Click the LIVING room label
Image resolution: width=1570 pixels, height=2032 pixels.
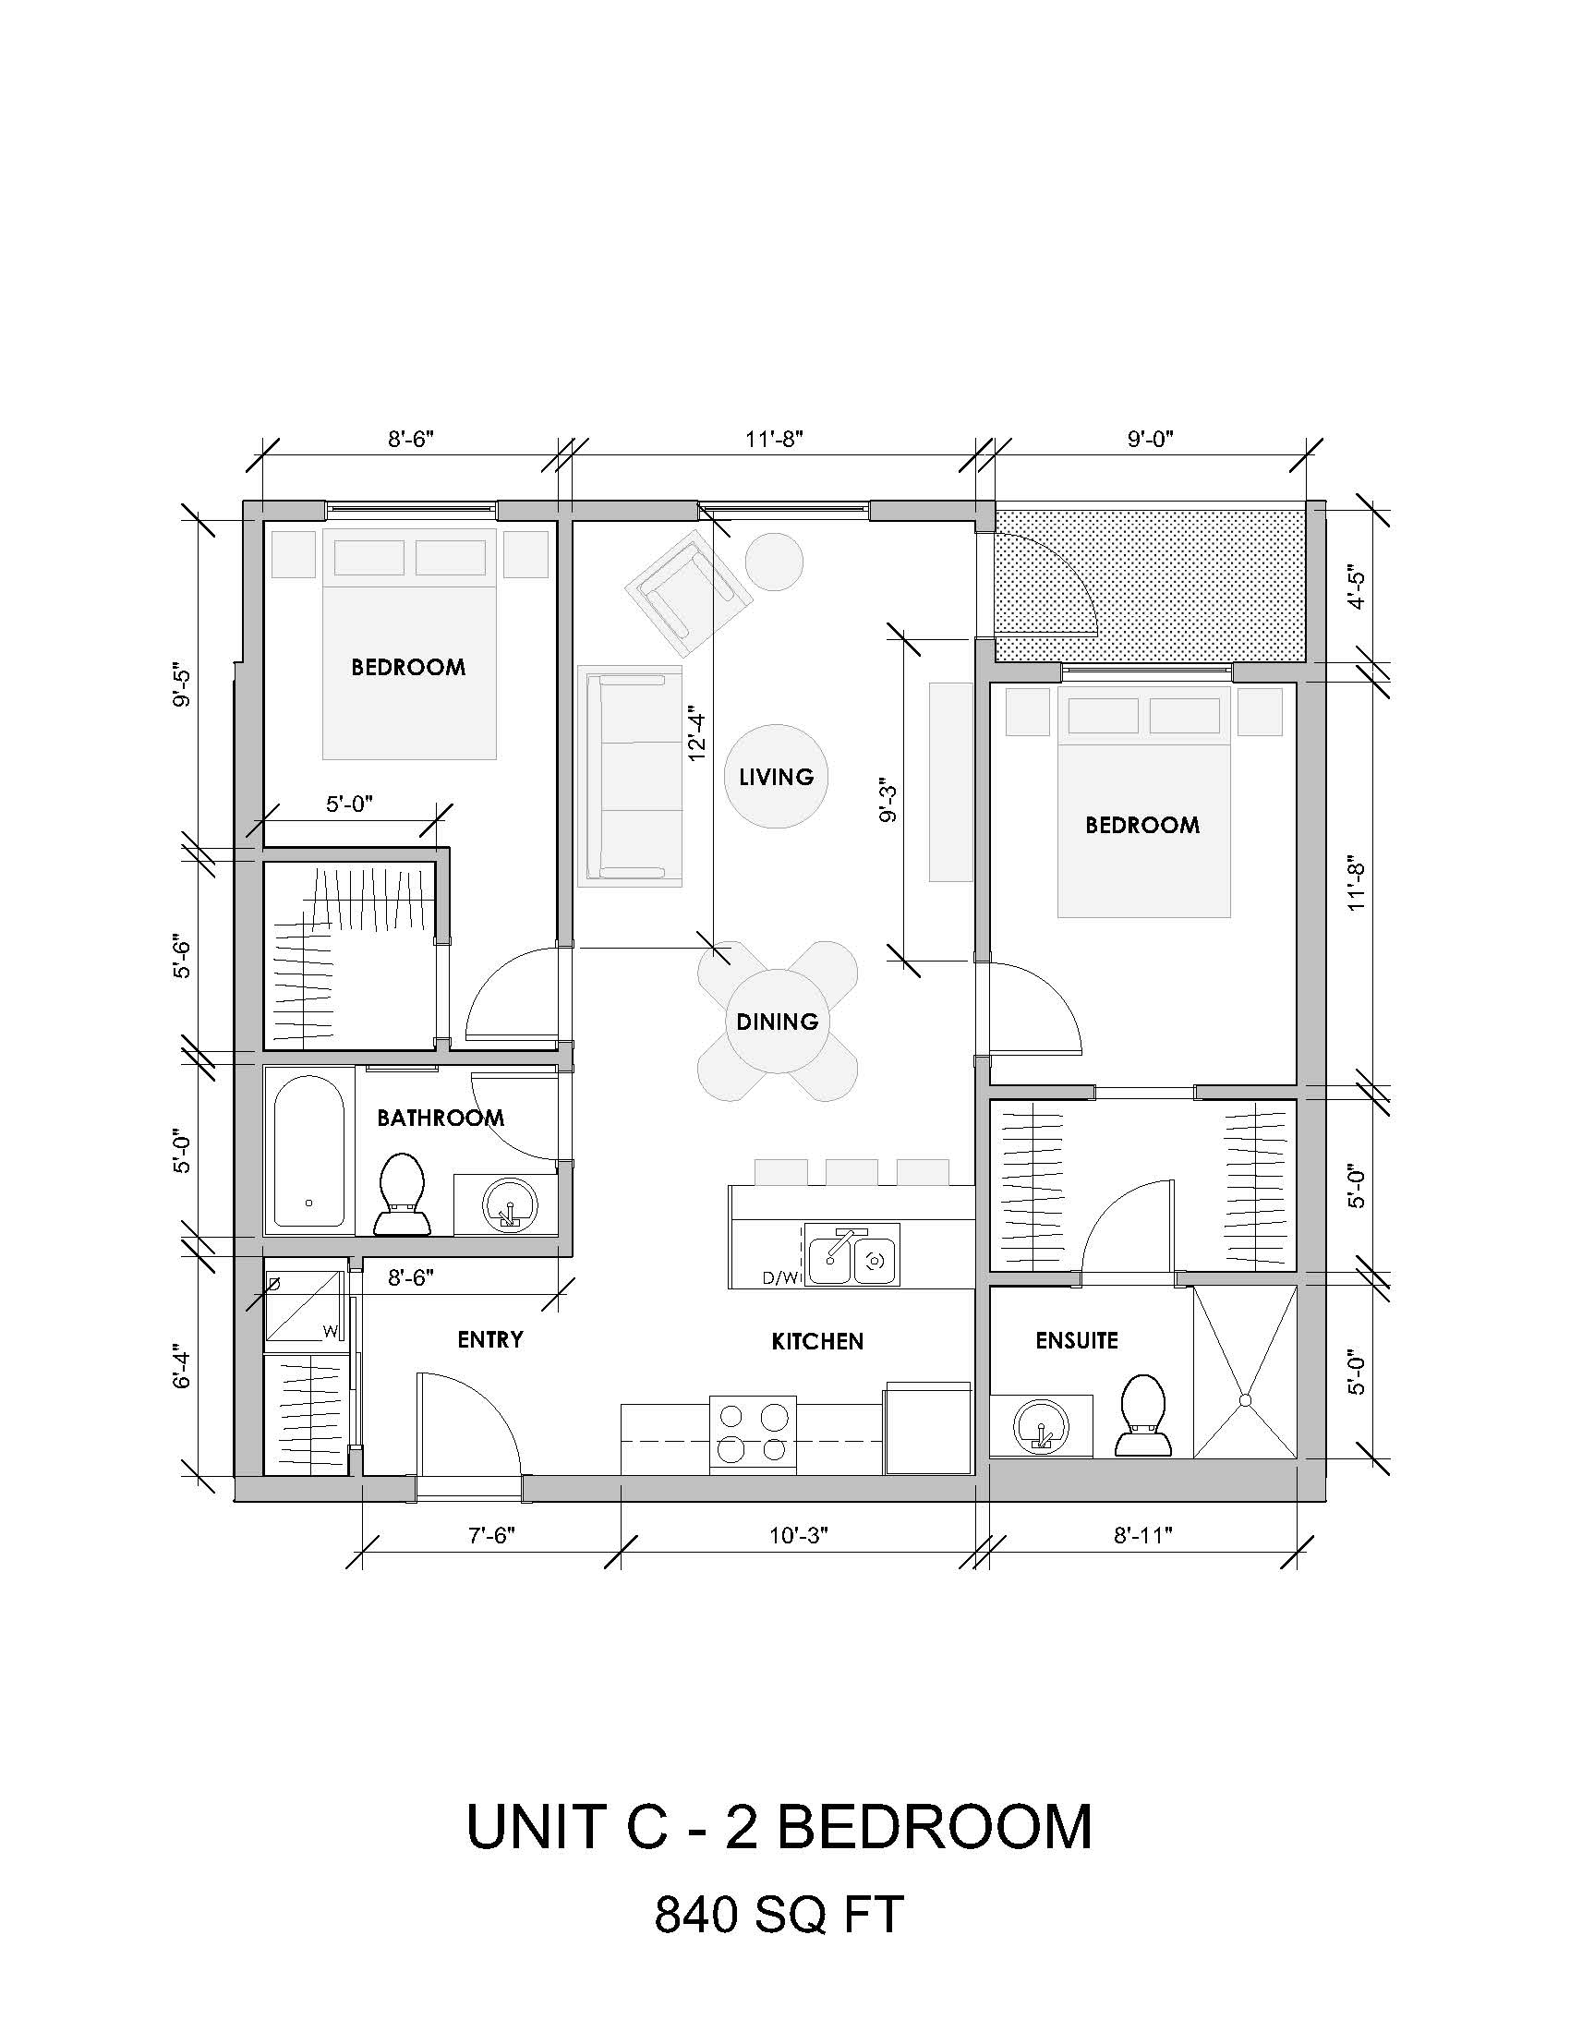(x=776, y=776)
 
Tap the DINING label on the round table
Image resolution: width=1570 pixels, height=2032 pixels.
(x=777, y=1022)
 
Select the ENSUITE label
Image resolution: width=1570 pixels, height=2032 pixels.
(x=1076, y=1340)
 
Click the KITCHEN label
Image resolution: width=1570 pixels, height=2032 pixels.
(x=817, y=1341)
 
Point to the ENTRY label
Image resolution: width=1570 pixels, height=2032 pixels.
(x=490, y=1339)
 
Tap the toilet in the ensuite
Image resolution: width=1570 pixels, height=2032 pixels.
(x=1143, y=1416)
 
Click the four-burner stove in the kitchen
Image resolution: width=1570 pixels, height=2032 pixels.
(x=753, y=1433)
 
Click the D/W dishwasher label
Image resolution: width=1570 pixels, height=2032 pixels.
(x=779, y=1278)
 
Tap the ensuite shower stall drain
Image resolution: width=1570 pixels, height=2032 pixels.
(x=1245, y=1399)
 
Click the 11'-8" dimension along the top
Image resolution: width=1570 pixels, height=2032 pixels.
(x=773, y=439)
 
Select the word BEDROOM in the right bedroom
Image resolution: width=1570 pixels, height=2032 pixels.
(x=1142, y=825)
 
